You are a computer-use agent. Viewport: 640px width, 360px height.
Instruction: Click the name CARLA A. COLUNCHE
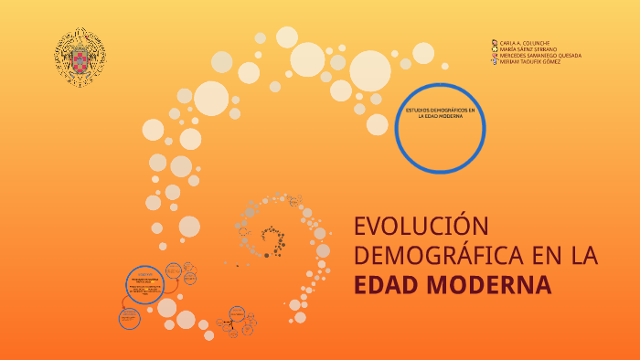coord(525,42)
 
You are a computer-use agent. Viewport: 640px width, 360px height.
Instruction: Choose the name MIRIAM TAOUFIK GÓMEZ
coord(530,61)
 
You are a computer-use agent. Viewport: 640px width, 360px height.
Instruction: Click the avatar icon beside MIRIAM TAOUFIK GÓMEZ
coord(496,61)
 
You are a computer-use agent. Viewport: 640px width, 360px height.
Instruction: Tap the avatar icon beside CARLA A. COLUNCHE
coord(496,42)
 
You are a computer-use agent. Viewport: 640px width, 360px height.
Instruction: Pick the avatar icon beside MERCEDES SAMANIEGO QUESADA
coord(496,55)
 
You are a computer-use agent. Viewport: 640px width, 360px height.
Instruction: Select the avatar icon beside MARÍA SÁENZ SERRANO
coord(496,48)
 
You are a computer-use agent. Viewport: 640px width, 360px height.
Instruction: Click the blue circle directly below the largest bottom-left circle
coord(130,318)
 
